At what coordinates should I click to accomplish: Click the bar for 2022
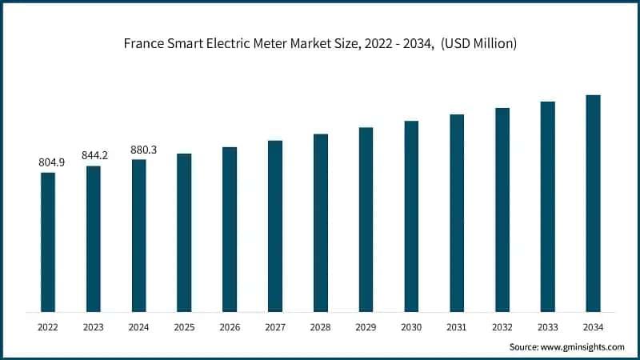48,242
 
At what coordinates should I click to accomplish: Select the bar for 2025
184,232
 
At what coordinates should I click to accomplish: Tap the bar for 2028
320,222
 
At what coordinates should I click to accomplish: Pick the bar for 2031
457,213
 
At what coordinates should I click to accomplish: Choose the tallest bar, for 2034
593,203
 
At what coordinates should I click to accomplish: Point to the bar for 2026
230,229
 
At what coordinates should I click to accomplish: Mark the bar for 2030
411,216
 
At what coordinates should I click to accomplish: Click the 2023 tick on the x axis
94,327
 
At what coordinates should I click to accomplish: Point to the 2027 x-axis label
275,327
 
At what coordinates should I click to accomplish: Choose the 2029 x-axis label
366,327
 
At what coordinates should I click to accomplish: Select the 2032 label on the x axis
502,327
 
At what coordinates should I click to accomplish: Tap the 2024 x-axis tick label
139,327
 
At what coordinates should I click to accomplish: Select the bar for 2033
547,206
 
